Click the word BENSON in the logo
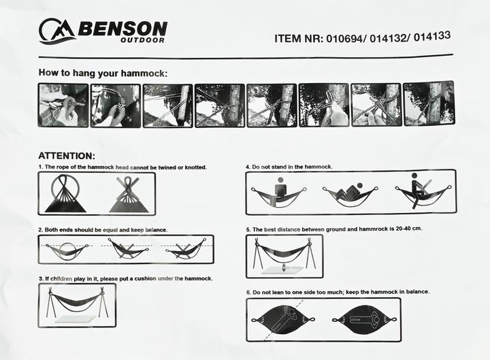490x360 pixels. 122,29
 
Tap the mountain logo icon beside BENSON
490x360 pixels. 56,31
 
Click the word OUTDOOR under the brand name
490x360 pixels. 142,40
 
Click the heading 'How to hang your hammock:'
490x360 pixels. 102,73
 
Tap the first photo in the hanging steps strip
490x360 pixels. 63,105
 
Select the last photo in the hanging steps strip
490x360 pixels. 428,103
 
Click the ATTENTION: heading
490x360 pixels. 66,155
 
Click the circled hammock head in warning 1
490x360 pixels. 65,194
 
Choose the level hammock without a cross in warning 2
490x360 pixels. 66,250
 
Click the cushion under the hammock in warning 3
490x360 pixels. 76,318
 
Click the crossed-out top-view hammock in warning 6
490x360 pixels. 283,319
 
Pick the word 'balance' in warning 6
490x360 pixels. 414,291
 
